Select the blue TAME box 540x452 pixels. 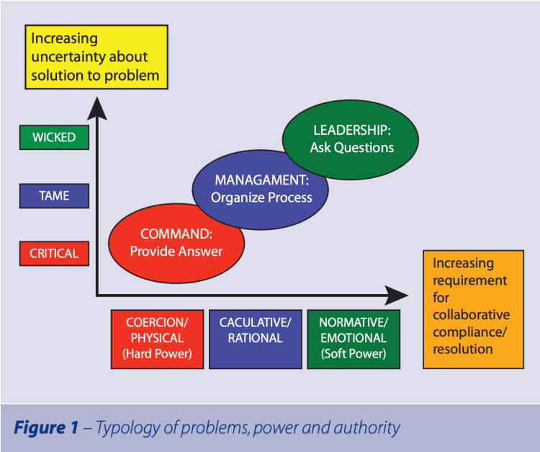tap(54, 195)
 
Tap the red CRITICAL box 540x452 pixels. tap(54, 253)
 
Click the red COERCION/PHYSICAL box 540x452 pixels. tap(156, 338)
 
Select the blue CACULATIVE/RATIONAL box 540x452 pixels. tap(256, 338)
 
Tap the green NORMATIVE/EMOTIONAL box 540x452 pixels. tap(353, 338)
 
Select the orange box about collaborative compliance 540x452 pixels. tap(471, 310)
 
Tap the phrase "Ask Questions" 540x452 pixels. tap(352, 148)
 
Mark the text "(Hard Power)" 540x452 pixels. tap(156, 354)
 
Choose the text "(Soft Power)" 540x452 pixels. tap(353, 354)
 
